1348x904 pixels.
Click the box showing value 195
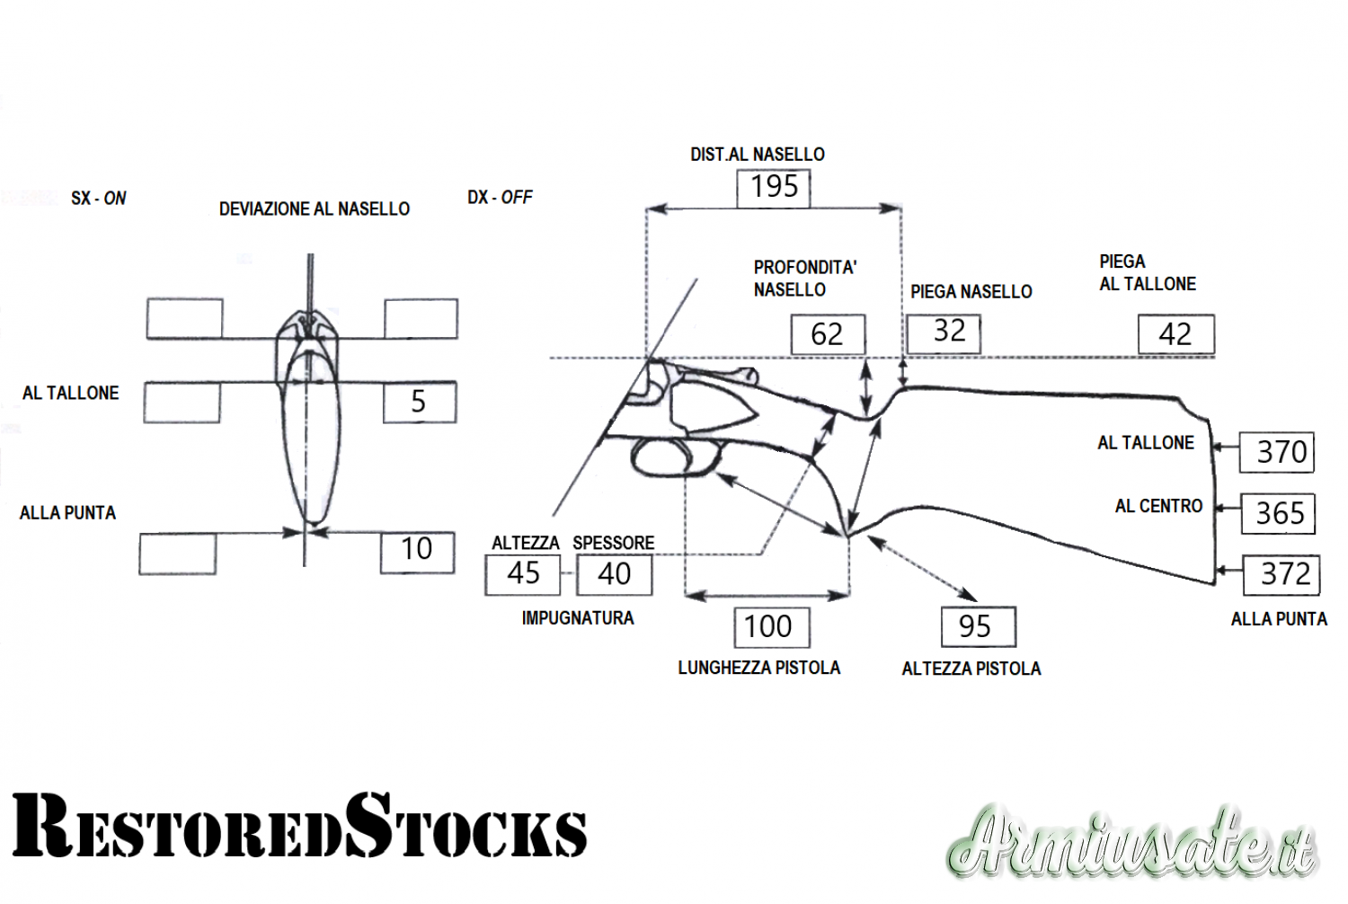pyautogui.click(x=773, y=189)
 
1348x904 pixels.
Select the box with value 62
pyautogui.click(x=828, y=334)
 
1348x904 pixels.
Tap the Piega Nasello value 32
pyautogui.click(x=944, y=333)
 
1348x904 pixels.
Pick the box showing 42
pyautogui.click(x=1175, y=334)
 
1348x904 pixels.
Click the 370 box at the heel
pyautogui.click(x=1276, y=452)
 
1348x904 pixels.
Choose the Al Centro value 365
pyautogui.click(x=1278, y=513)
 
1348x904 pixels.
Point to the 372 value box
pyautogui.click(x=1281, y=575)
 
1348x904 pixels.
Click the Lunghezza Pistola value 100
pyautogui.click(x=772, y=627)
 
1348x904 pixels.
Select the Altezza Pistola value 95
pyautogui.click(x=979, y=626)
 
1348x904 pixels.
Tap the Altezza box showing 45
pyautogui.click(x=522, y=575)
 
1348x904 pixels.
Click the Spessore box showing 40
pyautogui.click(x=614, y=575)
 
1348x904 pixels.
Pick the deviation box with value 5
pyautogui.click(x=420, y=402)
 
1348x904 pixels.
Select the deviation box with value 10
pyautogui.click(x=417, y=553)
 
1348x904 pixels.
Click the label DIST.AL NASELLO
pyautogui.click(x=757, y=155)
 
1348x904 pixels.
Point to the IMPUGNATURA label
pyautogui.click(x=578, y=618)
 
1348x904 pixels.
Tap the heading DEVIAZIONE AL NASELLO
pyautogui.click(x=315, y=208)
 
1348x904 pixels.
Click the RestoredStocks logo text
pyautogui.click(x=299, y=826)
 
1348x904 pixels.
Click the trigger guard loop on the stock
pyautogui.click(x=675, y=458)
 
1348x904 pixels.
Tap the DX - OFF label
pyautogui.click(x=500, y=198)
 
